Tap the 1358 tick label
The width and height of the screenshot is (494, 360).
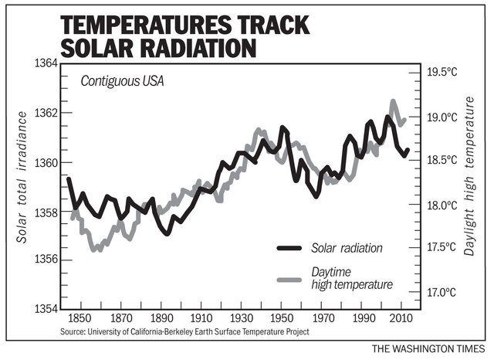(39, 212)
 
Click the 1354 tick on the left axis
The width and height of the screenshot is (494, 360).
(39, 309)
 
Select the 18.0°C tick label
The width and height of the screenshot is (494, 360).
(442, 205)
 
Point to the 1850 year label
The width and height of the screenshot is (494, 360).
(80, 318)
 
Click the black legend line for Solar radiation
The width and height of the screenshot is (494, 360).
(289, 248)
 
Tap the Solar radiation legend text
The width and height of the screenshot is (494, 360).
(347, 248)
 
